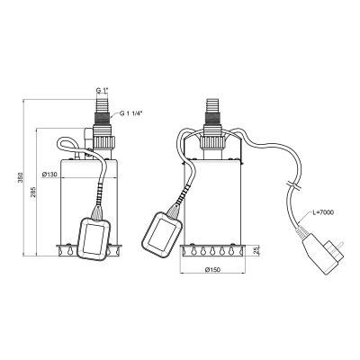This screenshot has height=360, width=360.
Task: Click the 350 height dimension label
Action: [x=21, y=179]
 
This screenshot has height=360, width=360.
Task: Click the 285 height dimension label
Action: [x=33, y=193]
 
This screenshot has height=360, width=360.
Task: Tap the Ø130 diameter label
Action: [x=50, y=175]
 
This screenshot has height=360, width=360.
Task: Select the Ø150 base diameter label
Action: [x=212, y=270]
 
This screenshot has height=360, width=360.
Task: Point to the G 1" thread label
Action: [x=103, y=90]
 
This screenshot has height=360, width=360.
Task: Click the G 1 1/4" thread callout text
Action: [x=131, y=113]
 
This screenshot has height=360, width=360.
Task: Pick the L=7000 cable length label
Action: [x=322, y=212]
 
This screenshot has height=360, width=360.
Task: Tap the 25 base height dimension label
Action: [x=256, y=251]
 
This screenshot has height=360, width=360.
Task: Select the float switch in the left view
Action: [x=94, y=238]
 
